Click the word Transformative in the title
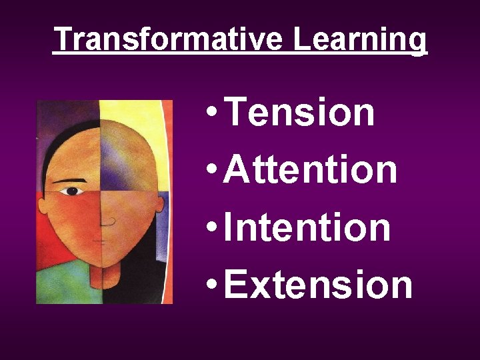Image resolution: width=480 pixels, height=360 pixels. click(170, 39)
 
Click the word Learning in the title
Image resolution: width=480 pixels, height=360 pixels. click(360, 41)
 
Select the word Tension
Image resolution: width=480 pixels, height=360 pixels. click(300, 111)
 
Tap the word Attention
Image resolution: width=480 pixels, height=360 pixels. click(311, 169)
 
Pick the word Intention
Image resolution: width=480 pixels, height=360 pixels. click(307, 226)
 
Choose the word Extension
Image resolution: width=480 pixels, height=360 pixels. click(318, 283)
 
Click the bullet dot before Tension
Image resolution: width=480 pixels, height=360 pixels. click(211, 114)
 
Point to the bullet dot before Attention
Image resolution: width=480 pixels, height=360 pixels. click(211, 171)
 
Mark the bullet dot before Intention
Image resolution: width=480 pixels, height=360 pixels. click(211, 229)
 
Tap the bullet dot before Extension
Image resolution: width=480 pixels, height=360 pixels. click(211, 286)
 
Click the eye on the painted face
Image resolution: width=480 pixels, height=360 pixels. click(72, 191)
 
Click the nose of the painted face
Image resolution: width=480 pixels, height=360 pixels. click(107, 220)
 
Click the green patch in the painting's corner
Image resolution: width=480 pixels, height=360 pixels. click(57, 287)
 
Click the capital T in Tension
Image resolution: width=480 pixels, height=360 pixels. click(236, 111)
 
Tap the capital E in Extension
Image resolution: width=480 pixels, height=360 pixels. click(234, 283)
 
